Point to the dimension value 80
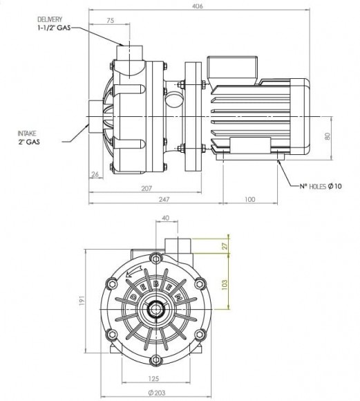click(x=336, y=136)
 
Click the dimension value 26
click(x=95, y=175)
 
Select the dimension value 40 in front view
click(x=165, y=219)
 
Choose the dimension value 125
click(x=154, y=379)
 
